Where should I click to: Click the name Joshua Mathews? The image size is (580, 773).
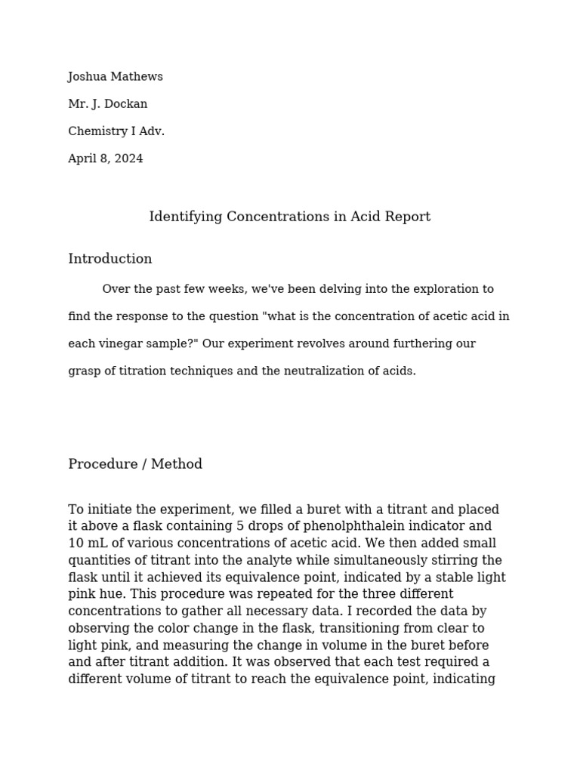[115, 77]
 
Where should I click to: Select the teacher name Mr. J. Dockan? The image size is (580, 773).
[107, 104]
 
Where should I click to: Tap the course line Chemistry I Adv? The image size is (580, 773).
[116, 131]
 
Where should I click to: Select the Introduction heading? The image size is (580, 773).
[110, 259]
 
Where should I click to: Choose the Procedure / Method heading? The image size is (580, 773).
[135, 464]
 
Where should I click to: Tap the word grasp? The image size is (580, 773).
[84, 371]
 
